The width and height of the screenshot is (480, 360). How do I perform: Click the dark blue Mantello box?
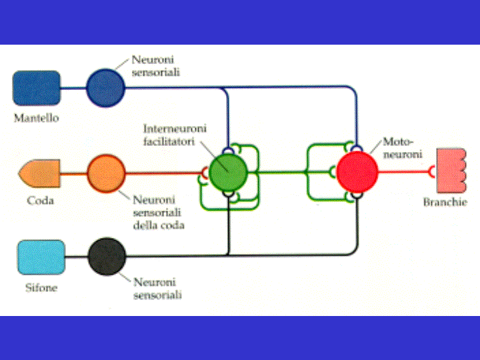(36, 89)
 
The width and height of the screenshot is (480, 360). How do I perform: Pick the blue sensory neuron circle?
(105, 87)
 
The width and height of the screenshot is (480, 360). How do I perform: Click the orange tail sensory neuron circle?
(106, 173)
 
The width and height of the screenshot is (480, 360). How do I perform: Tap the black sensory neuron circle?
(107, 257)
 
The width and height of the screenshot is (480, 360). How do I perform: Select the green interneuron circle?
(228, 173)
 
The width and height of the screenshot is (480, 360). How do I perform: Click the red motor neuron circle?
(357, 171)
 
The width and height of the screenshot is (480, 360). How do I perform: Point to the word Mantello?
(36, 118)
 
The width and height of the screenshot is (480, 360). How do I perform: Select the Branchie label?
(445, 202)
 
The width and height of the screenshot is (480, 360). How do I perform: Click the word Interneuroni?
(175, 127)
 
